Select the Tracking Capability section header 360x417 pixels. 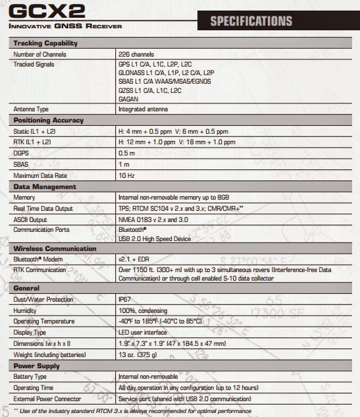(x=45, y=43)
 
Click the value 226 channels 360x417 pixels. (x=136, y=53)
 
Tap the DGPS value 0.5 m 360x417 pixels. (x=126, y=153)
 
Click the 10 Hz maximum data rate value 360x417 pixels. (x=126, y=175)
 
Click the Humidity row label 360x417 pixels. (x=26, y=310)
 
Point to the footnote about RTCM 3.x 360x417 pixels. (x=132, y=410)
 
